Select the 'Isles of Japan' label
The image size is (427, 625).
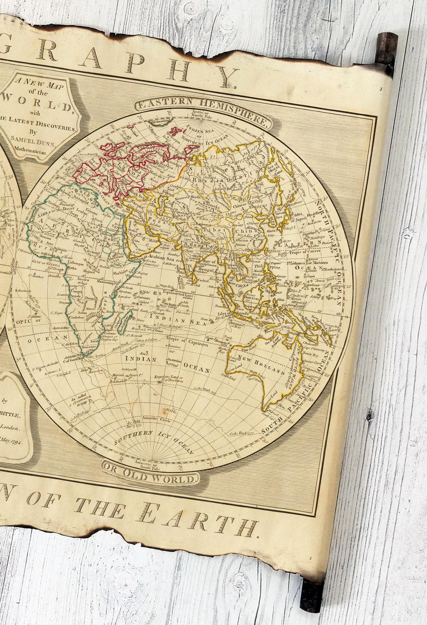click(x=302, y=216)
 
